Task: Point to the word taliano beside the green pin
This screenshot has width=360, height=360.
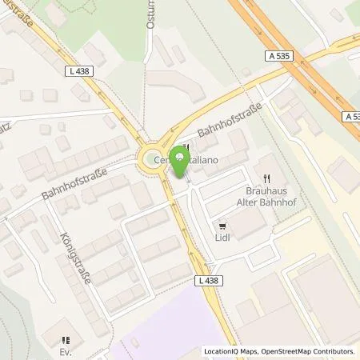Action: click(x=203, y=160)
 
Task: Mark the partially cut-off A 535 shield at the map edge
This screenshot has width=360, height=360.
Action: click(x=352, y=116)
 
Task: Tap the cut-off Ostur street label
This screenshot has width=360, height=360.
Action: click(x=150, y=20)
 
